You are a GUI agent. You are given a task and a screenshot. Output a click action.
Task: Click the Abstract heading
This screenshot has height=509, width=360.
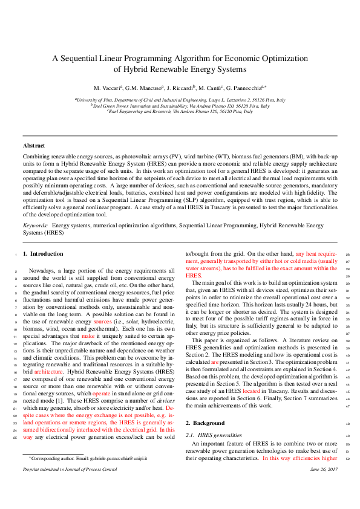tap(34, 146)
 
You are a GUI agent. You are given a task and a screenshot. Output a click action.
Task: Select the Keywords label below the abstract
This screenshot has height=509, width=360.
tap(35, 224)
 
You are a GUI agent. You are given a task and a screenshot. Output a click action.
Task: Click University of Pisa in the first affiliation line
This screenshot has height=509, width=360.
tap(94, 99)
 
